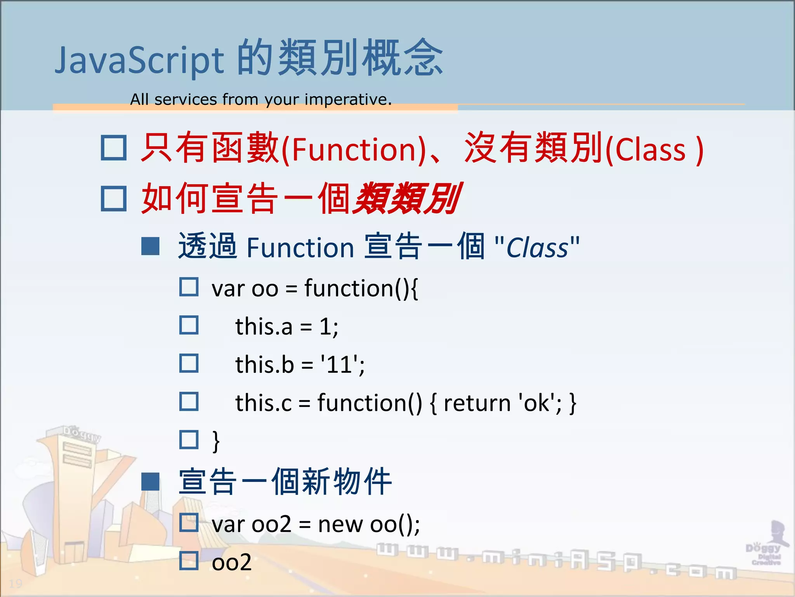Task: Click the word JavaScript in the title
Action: pos(139,60)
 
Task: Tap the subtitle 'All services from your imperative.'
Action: pos(260,99)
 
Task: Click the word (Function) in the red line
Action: pos(354,150)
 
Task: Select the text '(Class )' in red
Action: pos(654,150)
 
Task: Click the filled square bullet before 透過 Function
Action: pos(150,246)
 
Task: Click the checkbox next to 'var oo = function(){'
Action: pos(189,287)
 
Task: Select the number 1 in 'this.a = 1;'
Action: pos(325,326)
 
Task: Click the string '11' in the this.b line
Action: pos(342,365)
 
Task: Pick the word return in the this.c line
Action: pos(477,403)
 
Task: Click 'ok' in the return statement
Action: pos(536,403)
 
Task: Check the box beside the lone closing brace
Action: pos(189,440)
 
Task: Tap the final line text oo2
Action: pos(231,562)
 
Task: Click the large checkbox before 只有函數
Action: pos(114,148)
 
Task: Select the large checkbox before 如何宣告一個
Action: pos(114,198)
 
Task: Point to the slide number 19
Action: pos(16,583)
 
